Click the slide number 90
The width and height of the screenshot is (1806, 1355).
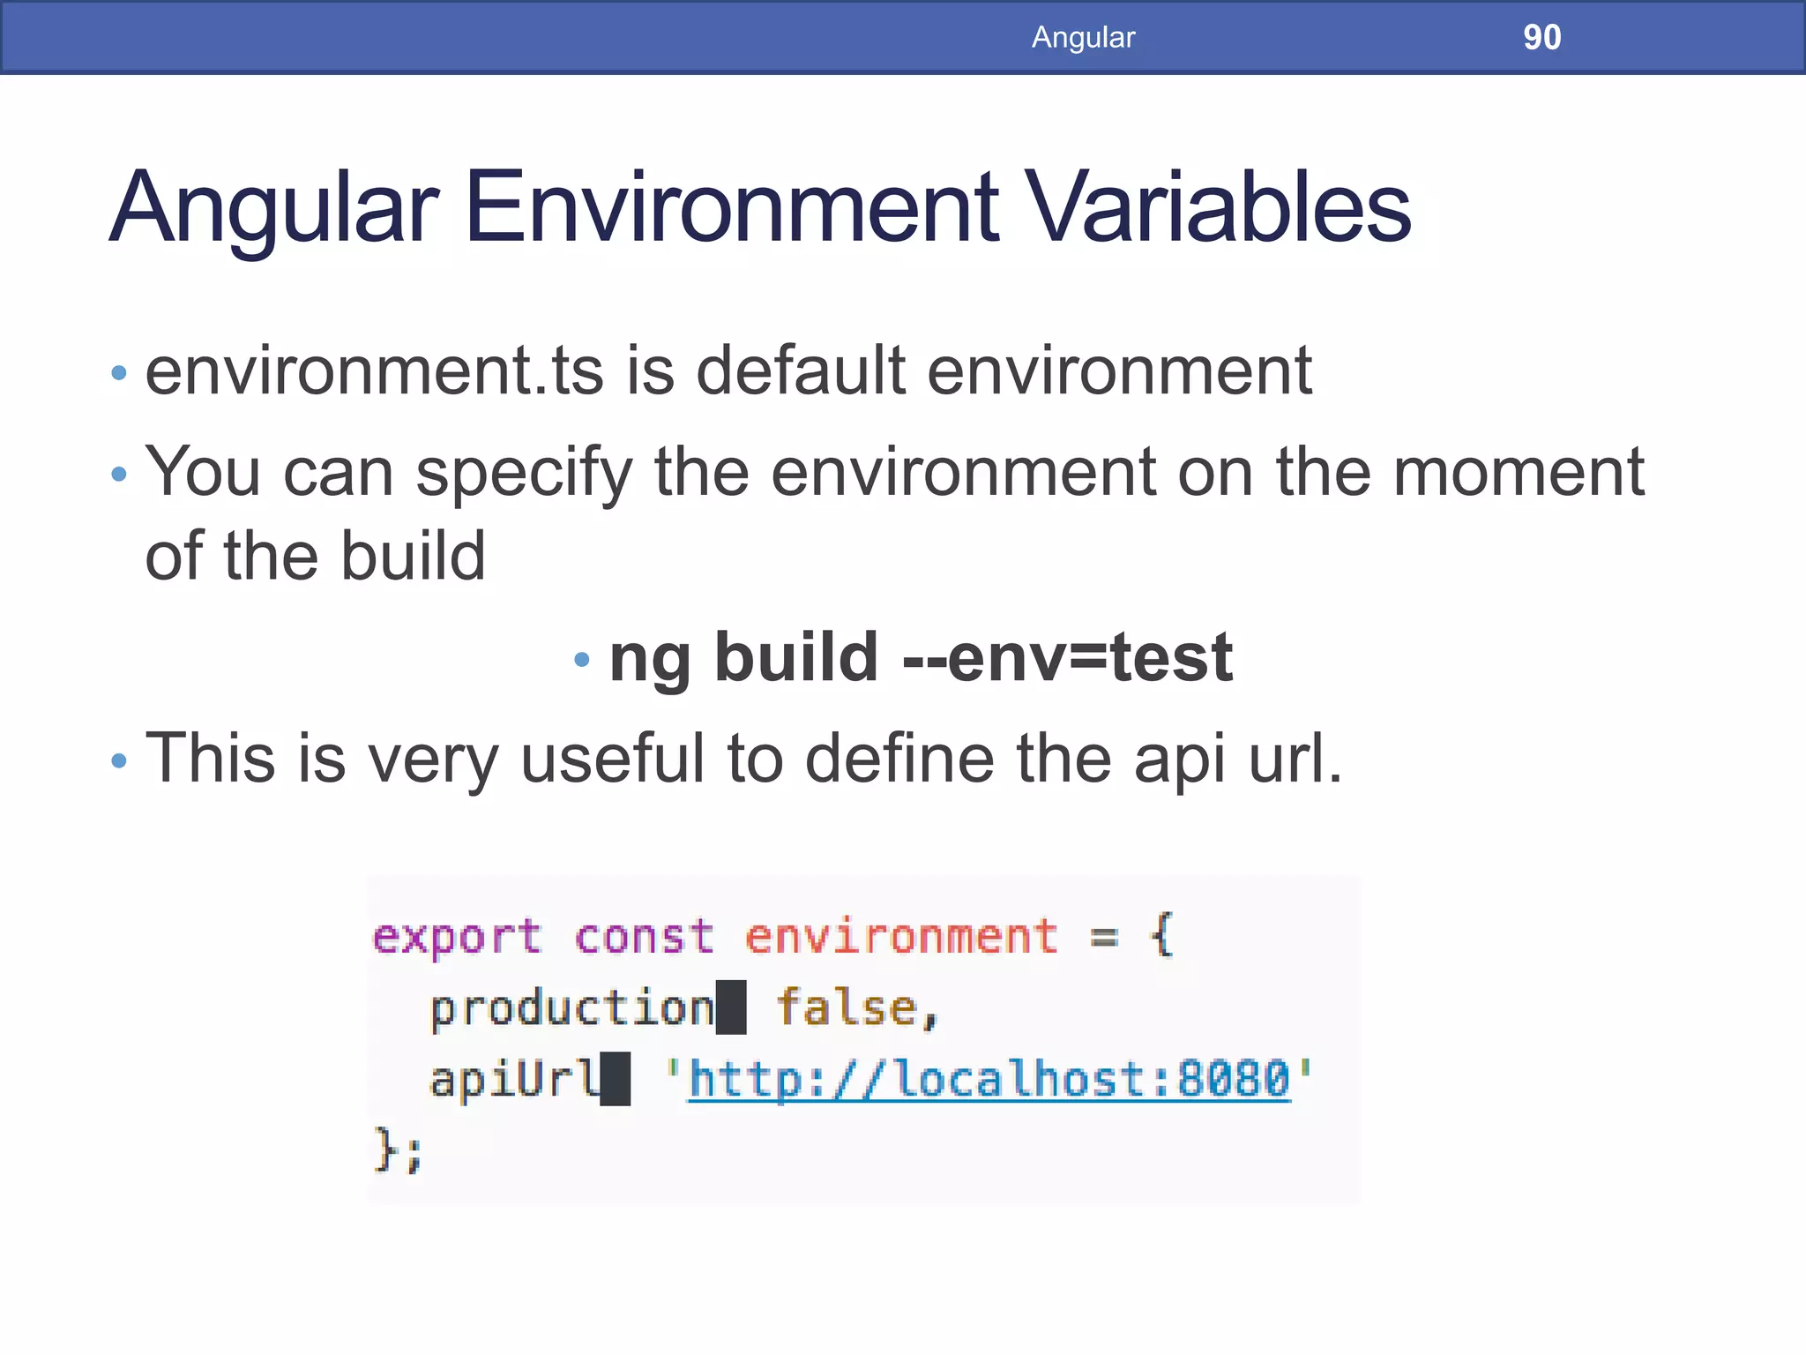tap(1541, 37)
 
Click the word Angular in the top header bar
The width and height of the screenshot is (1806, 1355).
tap(1083, 37)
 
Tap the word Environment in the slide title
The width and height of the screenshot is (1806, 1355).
tap(731, 208)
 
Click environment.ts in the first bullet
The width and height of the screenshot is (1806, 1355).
tap(374, 371)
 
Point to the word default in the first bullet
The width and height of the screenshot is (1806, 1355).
tap(801, 371)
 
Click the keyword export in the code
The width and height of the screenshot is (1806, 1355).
tap(456, 937)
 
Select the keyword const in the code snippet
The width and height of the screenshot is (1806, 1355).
tap(643, 937)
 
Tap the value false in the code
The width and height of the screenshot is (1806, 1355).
tap(847, 1007)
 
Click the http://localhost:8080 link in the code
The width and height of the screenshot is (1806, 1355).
tap(989, 1079)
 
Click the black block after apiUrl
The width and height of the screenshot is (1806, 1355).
tap(616, 1079)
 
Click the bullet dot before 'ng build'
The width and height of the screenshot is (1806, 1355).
tap(580, 659)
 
